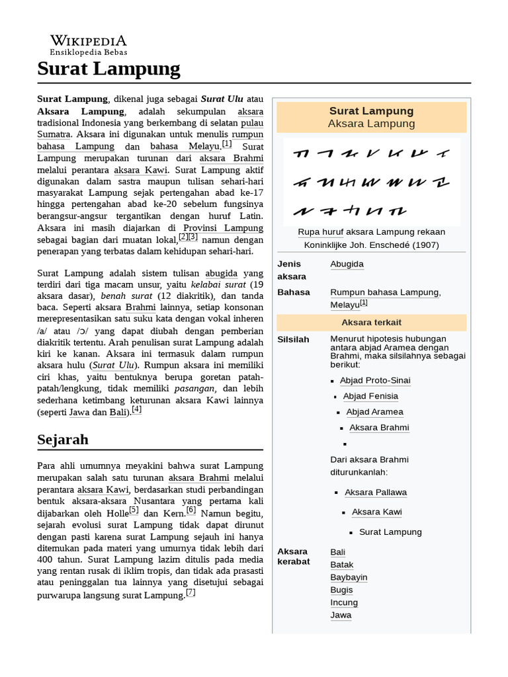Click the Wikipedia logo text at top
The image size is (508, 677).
[x=89, y=41]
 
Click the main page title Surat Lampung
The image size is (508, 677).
[x=108, y=68]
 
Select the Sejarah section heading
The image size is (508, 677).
[x=63, y=440]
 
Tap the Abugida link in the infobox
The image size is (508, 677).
[x=347, y=264]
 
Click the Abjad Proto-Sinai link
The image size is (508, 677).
[x=375, y=380]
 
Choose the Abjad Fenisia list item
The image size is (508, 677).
[x=370, y=396]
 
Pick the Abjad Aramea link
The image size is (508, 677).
[x=374, y=412]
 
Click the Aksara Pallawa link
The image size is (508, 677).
[x=376, y=493]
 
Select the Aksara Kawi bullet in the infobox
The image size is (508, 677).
[x=376, y=512]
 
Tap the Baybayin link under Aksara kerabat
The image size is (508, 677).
[x=349, y=577]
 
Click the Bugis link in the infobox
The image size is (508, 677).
[x=342, y=590]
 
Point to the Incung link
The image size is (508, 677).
[x=344, y=602]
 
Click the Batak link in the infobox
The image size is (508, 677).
[x=342, y=565]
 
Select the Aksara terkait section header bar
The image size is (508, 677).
[x=371, y=323]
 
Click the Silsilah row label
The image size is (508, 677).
[x=293, y=339]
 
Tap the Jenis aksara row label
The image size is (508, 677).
[x=292, y=270]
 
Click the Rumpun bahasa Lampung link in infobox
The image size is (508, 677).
[x=384, y=292]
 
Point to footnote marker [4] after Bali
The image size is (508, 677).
[x=137, y=410]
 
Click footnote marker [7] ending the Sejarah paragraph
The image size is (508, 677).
[x=190, y=593]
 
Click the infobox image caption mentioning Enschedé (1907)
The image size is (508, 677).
[x=371, y=238]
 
